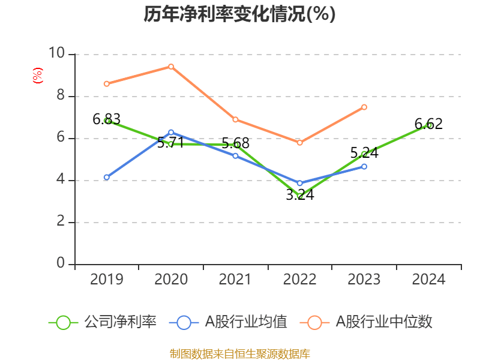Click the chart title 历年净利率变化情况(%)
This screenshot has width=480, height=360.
click(239, 14)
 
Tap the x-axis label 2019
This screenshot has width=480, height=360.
click(107, 279)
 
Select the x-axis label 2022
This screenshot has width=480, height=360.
click(299, 279)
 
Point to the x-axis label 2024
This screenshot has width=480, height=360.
click(428, 279)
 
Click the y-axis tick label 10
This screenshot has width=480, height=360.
click(57, 53)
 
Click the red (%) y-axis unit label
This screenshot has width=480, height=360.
click(37, 76)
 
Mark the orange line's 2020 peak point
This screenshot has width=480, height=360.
click(171, 67)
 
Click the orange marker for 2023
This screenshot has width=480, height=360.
click(364, 107)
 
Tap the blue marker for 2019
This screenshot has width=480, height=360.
click(107, 178)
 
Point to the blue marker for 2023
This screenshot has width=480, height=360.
click(364, 166)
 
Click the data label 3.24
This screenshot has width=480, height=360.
click(299, 195)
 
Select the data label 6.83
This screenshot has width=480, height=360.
click(107, 119)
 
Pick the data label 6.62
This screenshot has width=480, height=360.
click(428, 124)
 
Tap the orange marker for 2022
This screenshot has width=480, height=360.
click(299, 143)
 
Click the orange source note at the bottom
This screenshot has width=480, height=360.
click(239, 353)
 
